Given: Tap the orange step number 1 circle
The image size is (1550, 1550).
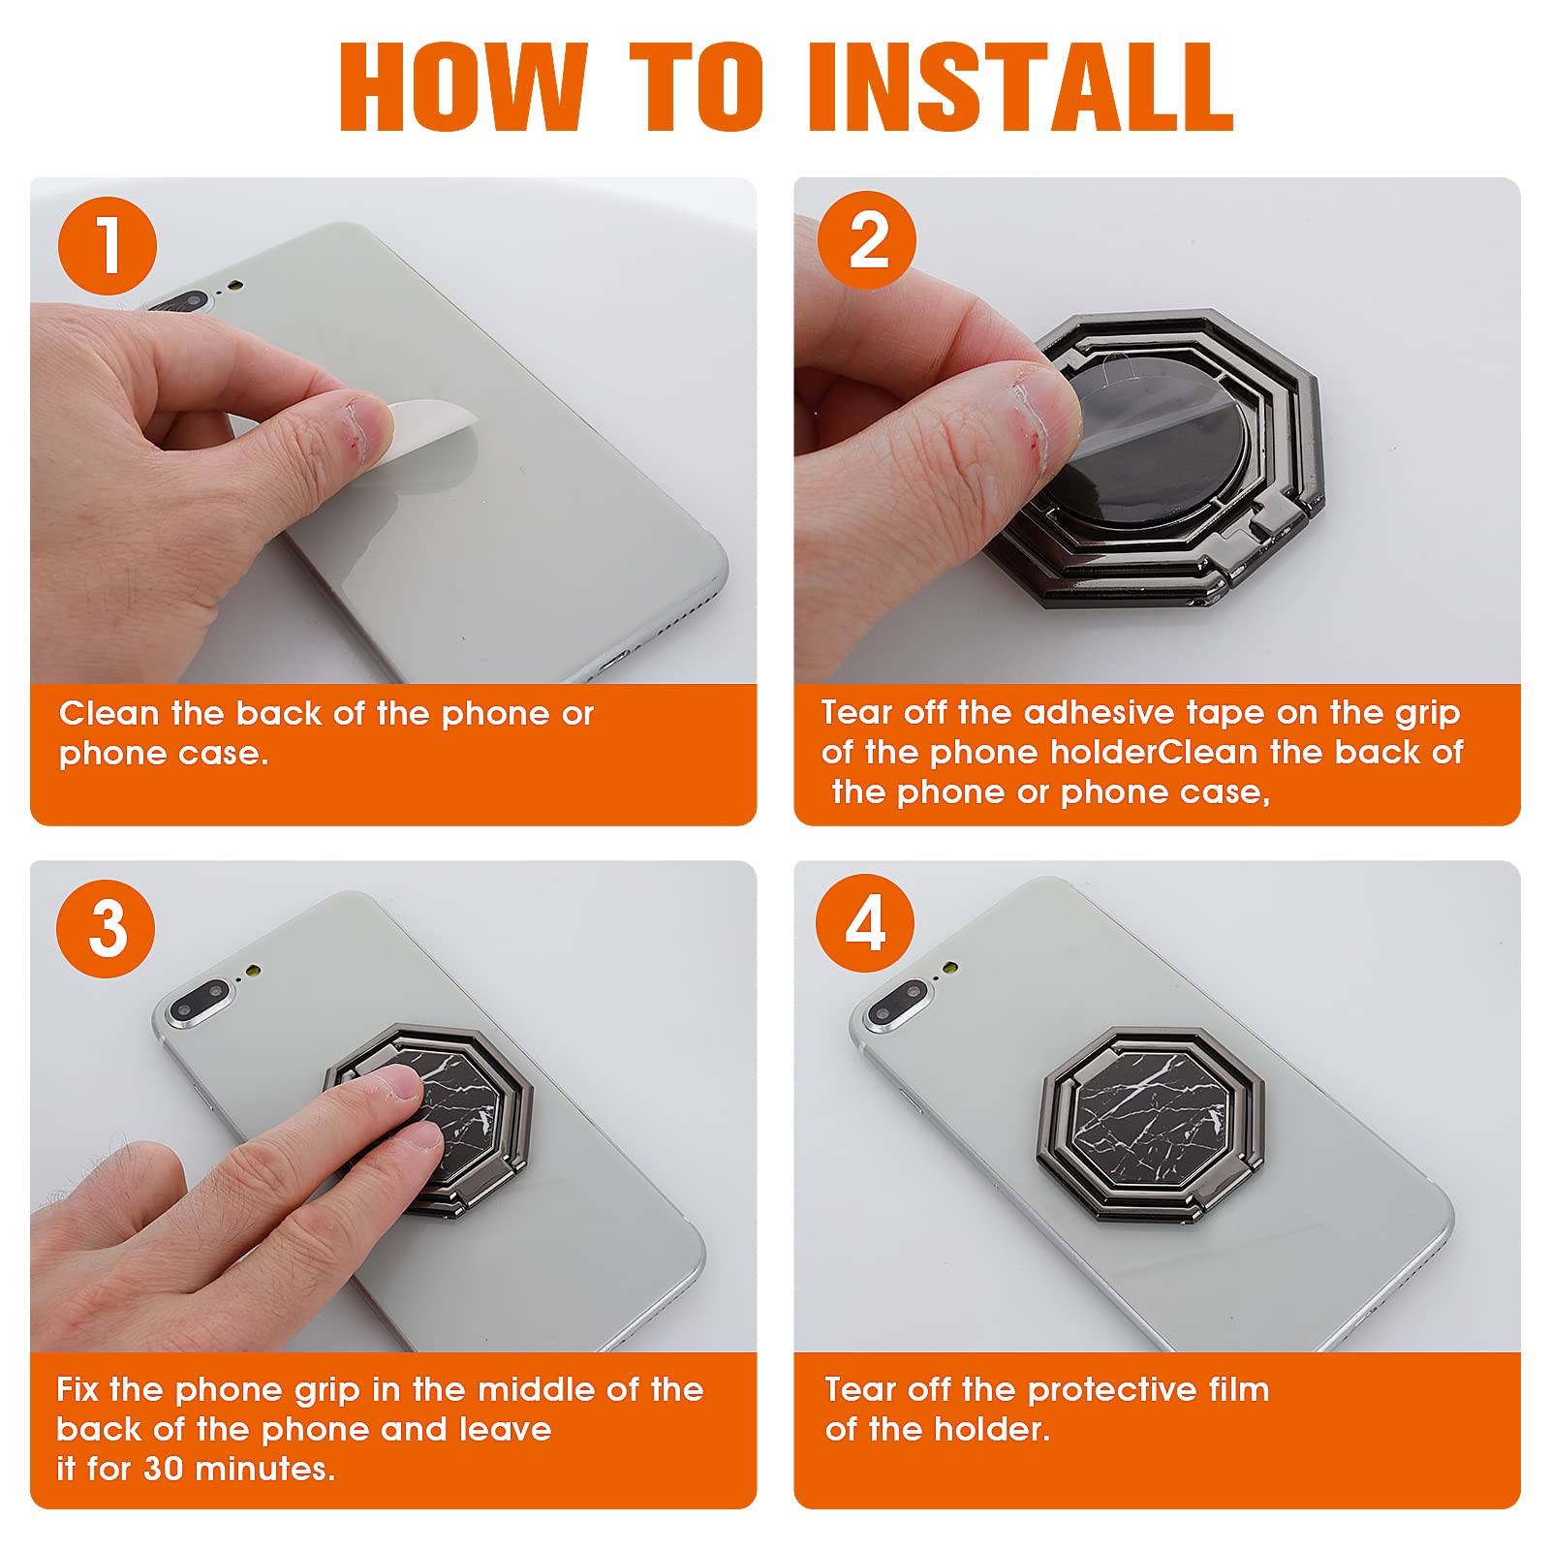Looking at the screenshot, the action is (x=108, y=246).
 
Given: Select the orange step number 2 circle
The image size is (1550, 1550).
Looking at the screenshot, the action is (x=867, y=240).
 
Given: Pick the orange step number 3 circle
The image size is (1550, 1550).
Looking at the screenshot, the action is (x=107, y=928).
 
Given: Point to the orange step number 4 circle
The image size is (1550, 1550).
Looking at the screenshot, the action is (x=865, y=923).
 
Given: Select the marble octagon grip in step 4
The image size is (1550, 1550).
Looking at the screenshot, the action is (x=1151, y=1124).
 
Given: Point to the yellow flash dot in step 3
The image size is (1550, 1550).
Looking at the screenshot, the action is (x=254, y=970).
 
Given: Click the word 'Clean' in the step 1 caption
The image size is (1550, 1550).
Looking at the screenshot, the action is (x=108, y=713).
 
